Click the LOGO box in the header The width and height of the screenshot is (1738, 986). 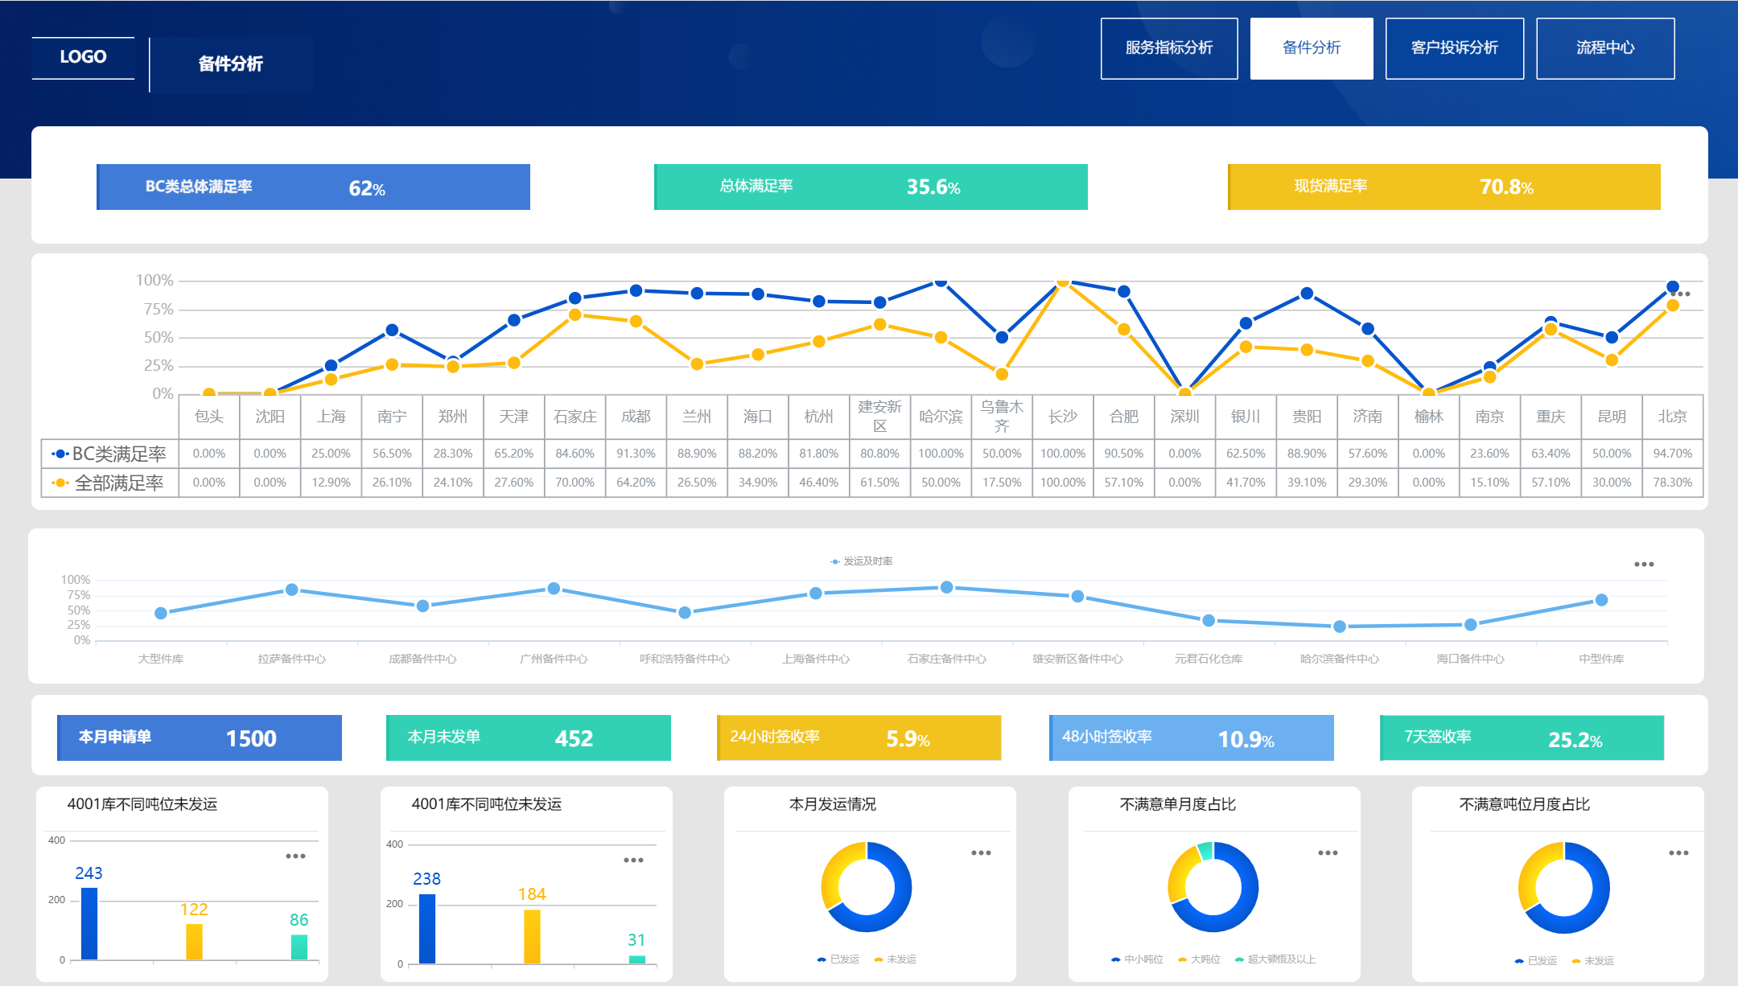(83, 57)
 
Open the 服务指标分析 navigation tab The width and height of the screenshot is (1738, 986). (1168, 48)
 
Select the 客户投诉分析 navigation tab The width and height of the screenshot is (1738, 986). (1454, 48)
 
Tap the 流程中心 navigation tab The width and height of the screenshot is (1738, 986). (1604, 48)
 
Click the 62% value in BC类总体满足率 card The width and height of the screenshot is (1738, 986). (367, 188)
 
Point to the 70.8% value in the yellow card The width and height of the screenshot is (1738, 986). (1505, 187)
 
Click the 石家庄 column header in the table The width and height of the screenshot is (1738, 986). (575, 417)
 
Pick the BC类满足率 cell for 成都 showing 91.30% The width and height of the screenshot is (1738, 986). (636, 454)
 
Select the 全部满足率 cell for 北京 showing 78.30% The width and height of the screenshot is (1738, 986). (1672, 483)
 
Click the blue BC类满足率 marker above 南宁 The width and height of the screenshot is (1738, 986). (392, 330)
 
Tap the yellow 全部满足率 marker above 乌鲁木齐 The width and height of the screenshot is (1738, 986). (1002, 374)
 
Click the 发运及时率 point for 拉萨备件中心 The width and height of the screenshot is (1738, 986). (292, 590)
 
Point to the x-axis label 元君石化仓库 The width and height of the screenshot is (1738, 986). (1208, 659)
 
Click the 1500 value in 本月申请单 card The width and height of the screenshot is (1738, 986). (251, 738)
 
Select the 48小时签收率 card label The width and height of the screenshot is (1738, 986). (1107, 737)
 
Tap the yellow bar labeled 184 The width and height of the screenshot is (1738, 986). (532, 936)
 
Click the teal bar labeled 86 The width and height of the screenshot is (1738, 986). (299, 947)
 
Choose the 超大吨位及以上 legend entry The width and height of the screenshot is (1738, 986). (1280, 959)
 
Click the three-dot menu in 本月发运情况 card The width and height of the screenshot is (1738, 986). (981, 853)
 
